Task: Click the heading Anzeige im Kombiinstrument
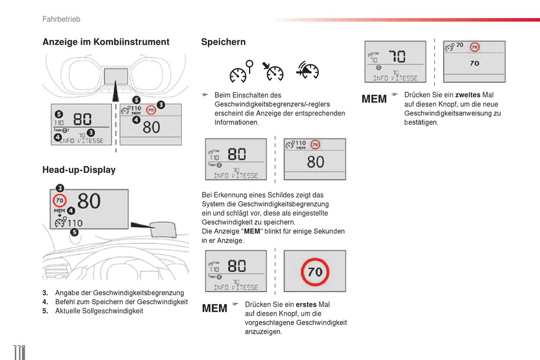(106, 42)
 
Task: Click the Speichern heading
(223, 42)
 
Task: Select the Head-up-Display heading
(78, 169)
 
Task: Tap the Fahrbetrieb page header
(61, 19)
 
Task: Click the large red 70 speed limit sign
(314, 271)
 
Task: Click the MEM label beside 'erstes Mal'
(215, 308)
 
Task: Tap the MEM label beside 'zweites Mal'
(374, 99)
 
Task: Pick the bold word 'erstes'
(306, 304)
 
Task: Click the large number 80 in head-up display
(89, 201)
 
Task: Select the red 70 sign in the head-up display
(60, 200)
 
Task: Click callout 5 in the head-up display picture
(74, 232)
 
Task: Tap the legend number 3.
(45, 293)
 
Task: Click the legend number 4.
(45, 302)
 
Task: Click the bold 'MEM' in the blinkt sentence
(252, 231)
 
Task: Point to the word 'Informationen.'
(236, 122)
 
